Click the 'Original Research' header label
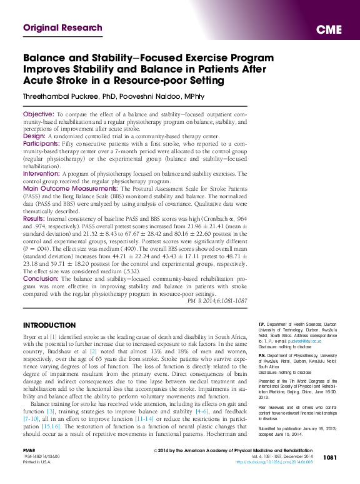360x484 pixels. click(62, 28)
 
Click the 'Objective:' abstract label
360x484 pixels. click(39, 115)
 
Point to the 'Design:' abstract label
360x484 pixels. click(34, 135)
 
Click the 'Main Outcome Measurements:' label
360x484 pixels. click(70, 188)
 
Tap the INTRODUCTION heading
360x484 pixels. click(50, 326)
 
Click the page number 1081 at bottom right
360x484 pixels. click(331, 475)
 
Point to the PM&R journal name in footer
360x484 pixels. click(29, 467)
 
